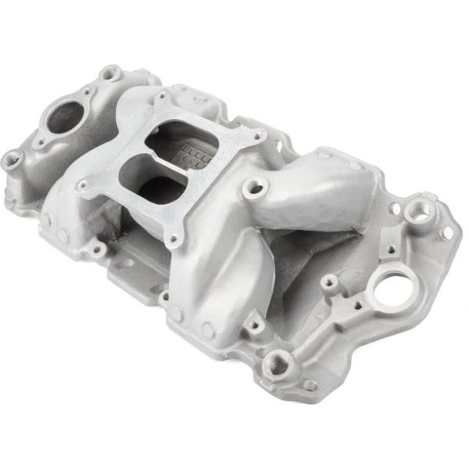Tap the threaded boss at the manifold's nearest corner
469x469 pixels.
click(x=278, y=362)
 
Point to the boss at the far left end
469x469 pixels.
click(x=13, y=160)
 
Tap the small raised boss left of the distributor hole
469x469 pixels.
click(x=329, y=281)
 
